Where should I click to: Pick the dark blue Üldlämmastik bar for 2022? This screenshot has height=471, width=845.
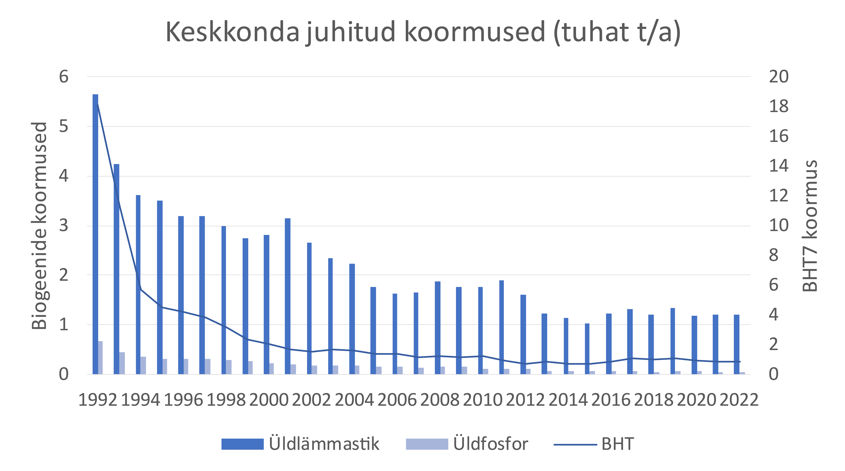[x=736, y=344]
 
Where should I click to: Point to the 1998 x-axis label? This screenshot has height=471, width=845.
[x=226, y=400]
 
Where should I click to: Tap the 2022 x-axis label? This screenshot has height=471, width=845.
[x=739, y=400]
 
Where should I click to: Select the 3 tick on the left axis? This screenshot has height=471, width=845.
[x=64, y=226]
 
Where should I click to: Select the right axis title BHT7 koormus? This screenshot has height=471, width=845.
[x=810, y=226]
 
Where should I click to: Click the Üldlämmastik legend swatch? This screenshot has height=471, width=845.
[x=242, y=444]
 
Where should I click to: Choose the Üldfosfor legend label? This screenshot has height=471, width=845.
[x=491, y=444]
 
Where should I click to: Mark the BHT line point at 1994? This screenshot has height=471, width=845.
[x=141, y=289]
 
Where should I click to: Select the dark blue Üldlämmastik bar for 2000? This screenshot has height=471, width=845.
[x=266, y=305]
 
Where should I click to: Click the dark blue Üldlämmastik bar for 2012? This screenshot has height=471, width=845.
[x=523, y=334]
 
